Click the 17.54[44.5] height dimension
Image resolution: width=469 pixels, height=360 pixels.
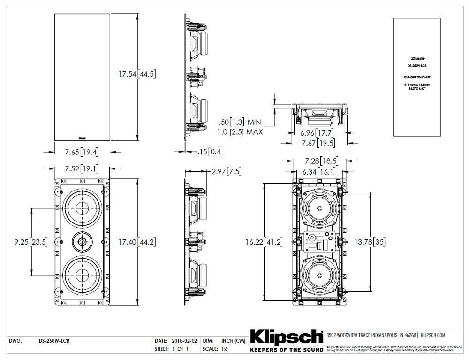point(136,74)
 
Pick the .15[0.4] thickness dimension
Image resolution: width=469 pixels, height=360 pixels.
point(210,151)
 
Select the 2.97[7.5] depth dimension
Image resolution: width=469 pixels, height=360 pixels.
point(227,171)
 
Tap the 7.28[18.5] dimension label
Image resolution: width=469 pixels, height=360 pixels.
point(318,161)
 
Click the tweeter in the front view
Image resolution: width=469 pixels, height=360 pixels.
point(83,242)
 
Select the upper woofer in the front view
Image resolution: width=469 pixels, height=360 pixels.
point(83,207)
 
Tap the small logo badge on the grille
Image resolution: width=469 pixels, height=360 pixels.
point(82,138)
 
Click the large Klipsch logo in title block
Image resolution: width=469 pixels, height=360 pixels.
point(287,337)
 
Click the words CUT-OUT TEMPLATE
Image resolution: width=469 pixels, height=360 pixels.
point(417,76)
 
